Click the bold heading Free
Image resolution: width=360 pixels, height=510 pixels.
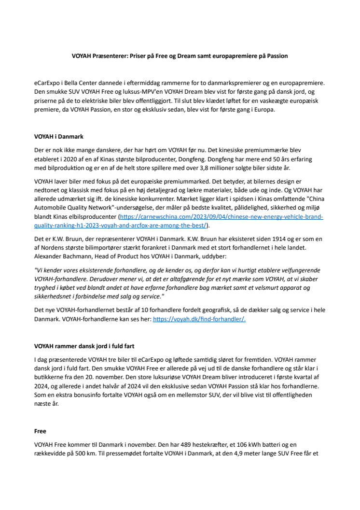pos(40,430)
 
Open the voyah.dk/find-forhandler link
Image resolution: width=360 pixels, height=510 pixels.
pos(199,319)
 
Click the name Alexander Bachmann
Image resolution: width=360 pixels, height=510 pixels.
pos(62,256)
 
